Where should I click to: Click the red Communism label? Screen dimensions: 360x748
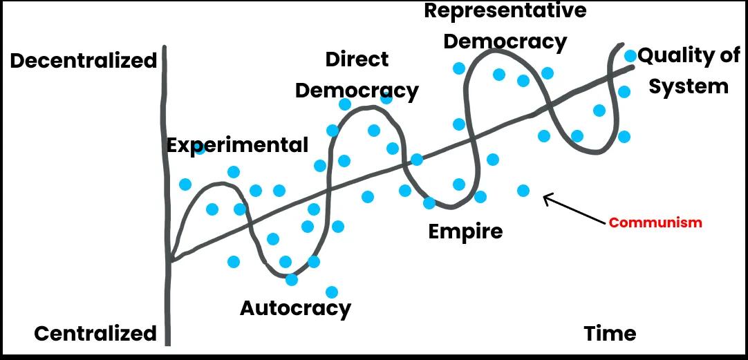[655, 222]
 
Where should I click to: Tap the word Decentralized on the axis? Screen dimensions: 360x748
[83, 61]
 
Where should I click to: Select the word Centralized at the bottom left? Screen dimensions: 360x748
[95, 334]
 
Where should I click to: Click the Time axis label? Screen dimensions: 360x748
[609, 334]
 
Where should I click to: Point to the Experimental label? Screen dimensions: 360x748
[237, 145]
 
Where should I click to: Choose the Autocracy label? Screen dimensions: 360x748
[295, 307]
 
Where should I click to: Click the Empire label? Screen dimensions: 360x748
[465, 231]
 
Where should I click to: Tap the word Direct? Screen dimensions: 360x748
[357, 60]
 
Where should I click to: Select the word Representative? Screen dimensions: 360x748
[505, 10]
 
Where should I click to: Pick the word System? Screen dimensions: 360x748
[688, 86]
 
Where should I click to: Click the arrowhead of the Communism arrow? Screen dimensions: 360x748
[546, 198]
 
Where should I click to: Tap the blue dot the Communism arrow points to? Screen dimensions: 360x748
[523, 190]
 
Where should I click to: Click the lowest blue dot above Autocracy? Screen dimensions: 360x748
[332, 292]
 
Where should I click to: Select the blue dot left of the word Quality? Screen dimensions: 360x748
[630, 55]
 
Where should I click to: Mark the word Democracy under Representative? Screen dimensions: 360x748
[505, 41]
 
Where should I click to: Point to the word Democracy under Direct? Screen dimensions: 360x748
[357, 91]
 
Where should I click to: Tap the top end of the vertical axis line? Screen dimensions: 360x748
[165, 48]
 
